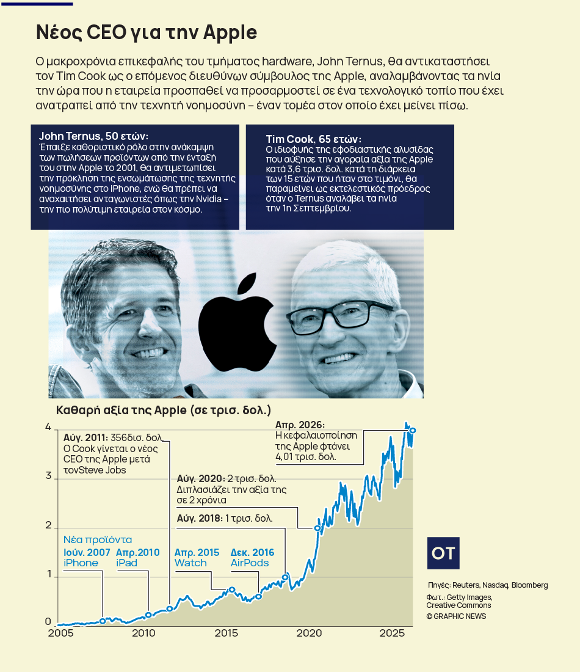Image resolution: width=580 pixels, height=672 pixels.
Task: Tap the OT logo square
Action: [x=443, y=553]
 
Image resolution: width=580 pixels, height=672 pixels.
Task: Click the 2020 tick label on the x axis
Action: [x=308, y=633]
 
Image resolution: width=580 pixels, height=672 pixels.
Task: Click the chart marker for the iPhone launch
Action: [x=103, y=621]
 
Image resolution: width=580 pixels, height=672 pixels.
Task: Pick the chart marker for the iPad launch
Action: [x=148, y=615]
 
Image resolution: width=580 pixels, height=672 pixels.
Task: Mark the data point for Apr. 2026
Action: [x=413, y=431]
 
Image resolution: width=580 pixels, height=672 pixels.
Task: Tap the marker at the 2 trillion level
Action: [x=317, y=528]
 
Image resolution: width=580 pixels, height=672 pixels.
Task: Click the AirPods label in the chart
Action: [x=249, y=563]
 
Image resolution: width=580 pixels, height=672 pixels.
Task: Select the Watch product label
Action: [x=190, y=563]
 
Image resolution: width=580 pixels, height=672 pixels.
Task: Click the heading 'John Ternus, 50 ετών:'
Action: [x=93, y=136]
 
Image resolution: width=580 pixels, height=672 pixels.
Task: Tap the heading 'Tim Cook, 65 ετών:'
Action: [x=313, y=139]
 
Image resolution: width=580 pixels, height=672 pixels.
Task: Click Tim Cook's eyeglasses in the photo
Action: [x=342, y=315]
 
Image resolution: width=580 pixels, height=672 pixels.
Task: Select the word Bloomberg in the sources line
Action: [x=529, y=585]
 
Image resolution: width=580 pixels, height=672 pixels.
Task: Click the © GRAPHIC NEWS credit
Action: [x=456, y=616]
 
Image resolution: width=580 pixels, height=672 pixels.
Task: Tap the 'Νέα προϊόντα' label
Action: [x=98, y=540]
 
